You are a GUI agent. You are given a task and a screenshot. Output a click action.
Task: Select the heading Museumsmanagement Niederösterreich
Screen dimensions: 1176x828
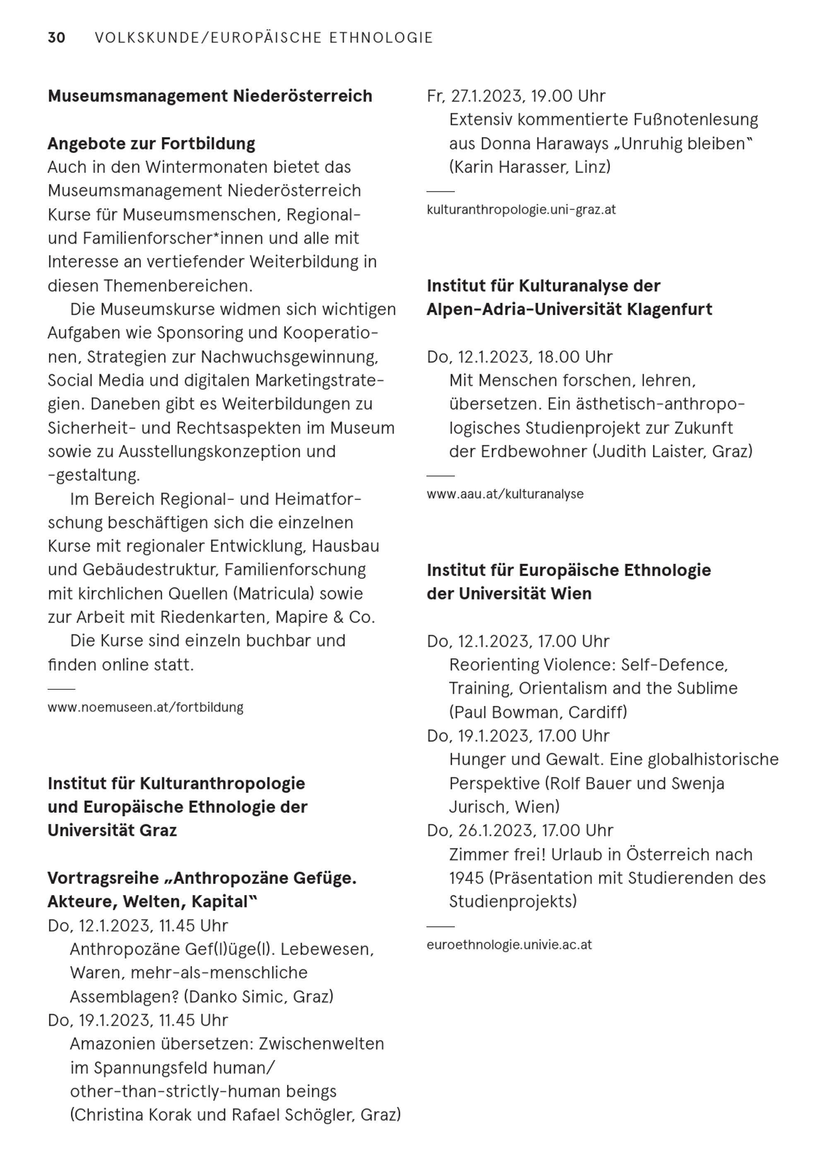click(210, 96)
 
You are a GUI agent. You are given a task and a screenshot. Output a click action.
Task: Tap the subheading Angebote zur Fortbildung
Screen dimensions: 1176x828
click(151, 143)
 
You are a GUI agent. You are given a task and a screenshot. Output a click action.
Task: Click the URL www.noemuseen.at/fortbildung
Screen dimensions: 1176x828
click(145, 708)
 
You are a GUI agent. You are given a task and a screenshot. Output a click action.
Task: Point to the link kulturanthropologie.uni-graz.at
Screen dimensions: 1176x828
click(521, 210)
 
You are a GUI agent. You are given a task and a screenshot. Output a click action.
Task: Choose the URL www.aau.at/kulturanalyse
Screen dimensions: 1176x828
click(505, 494)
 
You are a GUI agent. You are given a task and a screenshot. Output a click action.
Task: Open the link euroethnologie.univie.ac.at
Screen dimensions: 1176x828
click(509, 945)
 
